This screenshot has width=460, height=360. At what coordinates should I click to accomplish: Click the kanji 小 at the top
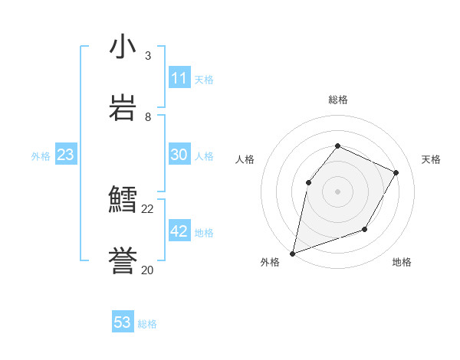123,47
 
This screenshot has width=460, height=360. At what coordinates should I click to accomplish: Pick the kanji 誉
123,262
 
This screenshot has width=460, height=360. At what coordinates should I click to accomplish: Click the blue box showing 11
179,78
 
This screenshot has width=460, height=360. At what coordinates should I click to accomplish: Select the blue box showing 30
179,155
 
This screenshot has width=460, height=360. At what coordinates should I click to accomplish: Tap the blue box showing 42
179,231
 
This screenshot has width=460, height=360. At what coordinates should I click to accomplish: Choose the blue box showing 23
66,155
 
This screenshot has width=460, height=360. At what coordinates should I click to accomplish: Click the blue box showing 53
123,322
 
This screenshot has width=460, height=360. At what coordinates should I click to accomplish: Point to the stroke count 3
148,56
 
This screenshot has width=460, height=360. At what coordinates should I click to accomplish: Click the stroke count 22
148,208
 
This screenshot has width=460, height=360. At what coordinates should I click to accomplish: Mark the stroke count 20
148,270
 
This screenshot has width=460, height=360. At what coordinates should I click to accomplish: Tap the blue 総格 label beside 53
148,324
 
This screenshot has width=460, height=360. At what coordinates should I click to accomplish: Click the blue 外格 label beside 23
41,156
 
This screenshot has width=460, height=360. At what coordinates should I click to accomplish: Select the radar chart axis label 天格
431,159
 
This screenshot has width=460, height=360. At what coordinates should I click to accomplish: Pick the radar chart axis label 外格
270,262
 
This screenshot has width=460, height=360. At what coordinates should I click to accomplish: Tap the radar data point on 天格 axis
396,172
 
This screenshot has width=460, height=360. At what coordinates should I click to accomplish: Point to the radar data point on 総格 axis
337,146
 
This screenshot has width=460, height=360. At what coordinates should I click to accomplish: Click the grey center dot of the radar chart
337,191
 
